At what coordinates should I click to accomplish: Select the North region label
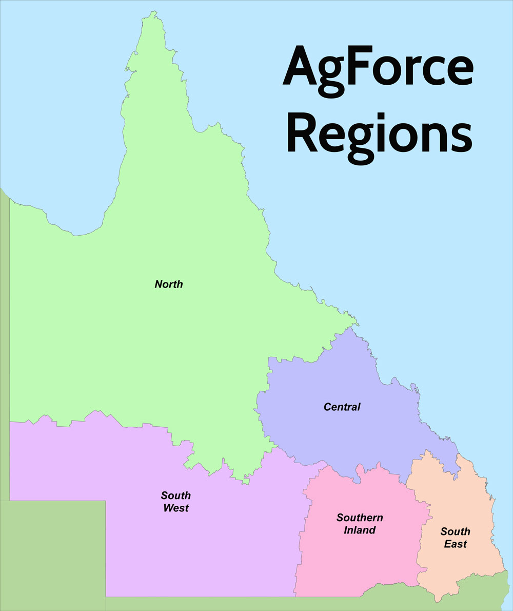tap(169, 284)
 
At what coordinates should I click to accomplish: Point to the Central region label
tap(342, 407)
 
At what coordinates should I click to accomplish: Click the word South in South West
tap(176, 495)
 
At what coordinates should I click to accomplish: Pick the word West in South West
tap(176, 508)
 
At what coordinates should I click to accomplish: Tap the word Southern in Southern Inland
tap(360, 518)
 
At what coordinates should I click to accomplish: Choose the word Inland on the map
tap(360, 530)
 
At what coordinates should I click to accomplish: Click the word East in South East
tap(456, 544)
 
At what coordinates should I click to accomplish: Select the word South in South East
tap(455, 531)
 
